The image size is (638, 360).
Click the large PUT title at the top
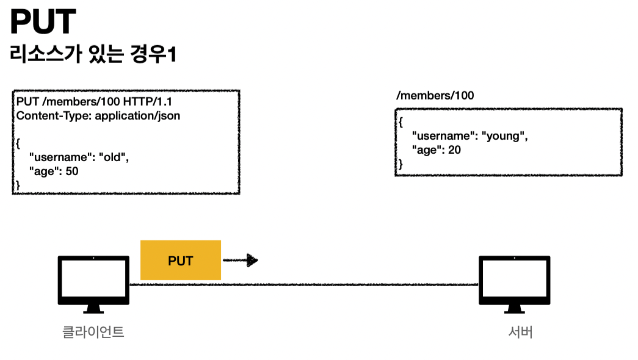(x=43, y=23)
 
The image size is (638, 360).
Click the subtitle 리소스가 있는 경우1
(x=93, y=55)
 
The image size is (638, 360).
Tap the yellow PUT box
(x=180, y=261)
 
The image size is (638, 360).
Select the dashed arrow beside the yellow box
(x=240, y=261)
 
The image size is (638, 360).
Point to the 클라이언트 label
(x=93, y=333)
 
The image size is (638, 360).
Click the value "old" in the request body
(x=114, y=157)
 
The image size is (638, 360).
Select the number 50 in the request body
(x=71, y=171)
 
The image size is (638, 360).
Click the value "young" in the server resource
(x=504, y=135)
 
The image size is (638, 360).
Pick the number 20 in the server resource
(x=454, y=149)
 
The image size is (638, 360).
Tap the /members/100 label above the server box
(x=435, y=96)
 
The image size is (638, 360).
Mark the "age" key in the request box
(x=45, y=171)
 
